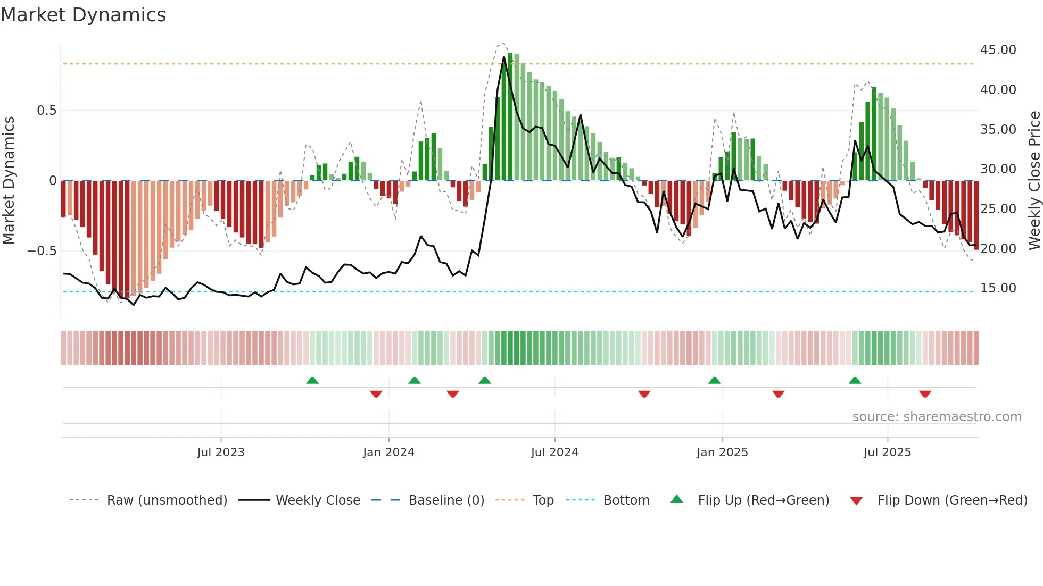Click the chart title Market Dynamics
coord(83,15)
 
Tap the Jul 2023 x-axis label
coord(221,453)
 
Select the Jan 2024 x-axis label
coord(388,453)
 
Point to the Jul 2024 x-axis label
coord(554,453)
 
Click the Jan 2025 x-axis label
coord(722,453)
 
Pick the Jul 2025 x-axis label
coord(887,453)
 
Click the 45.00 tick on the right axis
coord(998,50)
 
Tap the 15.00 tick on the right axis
coord(998,288)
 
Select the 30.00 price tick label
coord(998,169)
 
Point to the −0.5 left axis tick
coord(42,251)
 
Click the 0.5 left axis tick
coord(46,111)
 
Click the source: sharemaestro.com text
coord(937,417)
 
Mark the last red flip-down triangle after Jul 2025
coord(925,394)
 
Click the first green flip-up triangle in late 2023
coord(312,380)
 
